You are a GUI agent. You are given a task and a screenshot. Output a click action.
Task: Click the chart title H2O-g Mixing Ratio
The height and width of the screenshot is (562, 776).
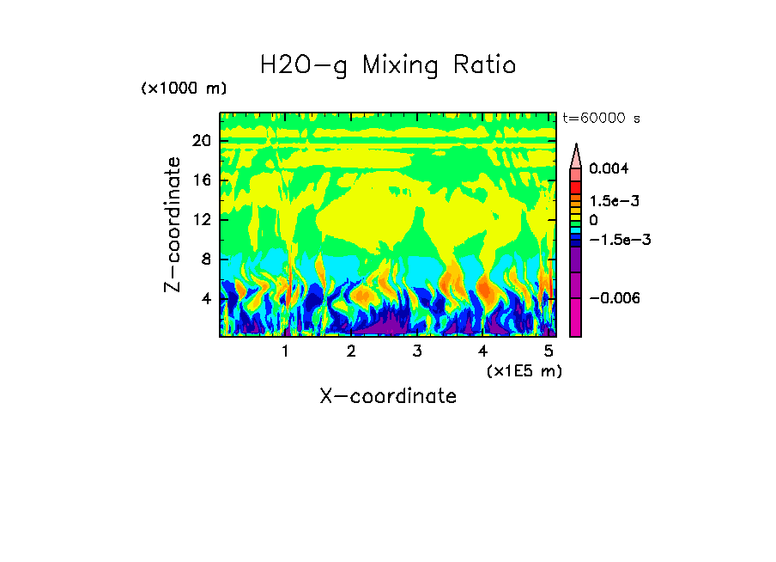(x=388, y=65)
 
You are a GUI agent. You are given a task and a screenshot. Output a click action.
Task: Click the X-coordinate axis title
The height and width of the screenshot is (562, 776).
(x=388, y=396)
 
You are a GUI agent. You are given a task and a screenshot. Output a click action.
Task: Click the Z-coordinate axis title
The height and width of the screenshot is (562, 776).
(x=173, y=224)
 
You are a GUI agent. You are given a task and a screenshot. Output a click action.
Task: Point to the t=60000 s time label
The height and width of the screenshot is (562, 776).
(x=601, y=118)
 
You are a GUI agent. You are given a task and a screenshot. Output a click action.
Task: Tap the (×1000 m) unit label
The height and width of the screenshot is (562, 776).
(x=184, y=89)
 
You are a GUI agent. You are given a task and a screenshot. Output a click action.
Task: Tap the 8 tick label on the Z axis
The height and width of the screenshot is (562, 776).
(x=205, y=260)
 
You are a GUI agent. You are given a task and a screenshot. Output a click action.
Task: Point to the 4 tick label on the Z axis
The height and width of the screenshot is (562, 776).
(x=205, y=299)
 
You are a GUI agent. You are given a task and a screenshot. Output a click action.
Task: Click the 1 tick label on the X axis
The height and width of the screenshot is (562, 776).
(x=285, y=351)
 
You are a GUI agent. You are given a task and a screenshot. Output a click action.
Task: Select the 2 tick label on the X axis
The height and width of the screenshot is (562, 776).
(x=351, y=351)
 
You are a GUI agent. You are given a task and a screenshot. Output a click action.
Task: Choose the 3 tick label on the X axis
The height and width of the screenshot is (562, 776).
(x=416, y=351)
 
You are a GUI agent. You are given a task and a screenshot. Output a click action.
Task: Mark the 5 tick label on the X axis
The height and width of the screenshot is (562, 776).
(x=548, y=351)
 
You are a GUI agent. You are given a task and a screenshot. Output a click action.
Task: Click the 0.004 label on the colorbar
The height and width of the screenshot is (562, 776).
(x=609, y=168)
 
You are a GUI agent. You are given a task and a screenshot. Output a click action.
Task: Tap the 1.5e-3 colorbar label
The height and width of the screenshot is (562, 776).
(x=614, y=201)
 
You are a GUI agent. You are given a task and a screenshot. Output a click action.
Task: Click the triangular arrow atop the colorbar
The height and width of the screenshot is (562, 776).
(x=576, y=156)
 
